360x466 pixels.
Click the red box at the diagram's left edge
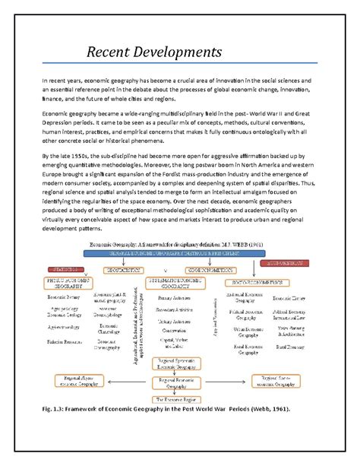pos(68,269)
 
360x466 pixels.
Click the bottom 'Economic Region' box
pos(178,398)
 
